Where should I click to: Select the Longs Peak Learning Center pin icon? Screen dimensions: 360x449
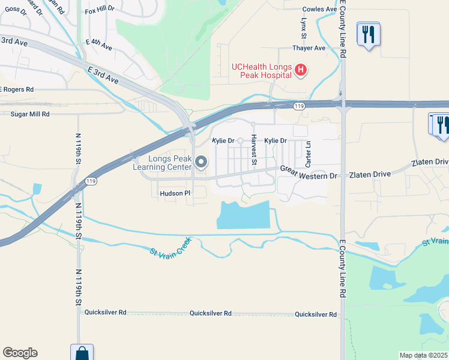pyautogui.click(x=201, y=162)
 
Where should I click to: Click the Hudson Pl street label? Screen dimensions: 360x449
pyautogui.click(x=175, y=193)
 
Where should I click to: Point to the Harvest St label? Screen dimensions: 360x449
pyautogui.click(x=254, y=151)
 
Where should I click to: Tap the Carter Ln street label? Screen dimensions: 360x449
pyautogui.click(x=309, y=154)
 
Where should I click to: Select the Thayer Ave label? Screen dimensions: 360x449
pyautogui.click(x=309, y=48)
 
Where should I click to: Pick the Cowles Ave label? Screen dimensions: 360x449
pyautogui.click(x=320, y=10)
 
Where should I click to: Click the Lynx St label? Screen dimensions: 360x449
pyautogui.click(x=304, y=25)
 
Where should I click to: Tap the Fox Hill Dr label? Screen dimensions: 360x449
pyautogui.click(x=100, y=11)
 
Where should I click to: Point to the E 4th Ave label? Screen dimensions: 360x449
pyautogui.click(x=99, y=44)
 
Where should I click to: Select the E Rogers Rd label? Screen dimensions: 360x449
pyautogui.click(x=17, y=89)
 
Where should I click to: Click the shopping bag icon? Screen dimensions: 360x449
pyautogui.click(x=82, y=354)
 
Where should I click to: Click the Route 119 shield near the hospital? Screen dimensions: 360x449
pyautogui.click(x=298, y=106)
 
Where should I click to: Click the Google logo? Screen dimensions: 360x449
pyautogui.click(x=20, y=353)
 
